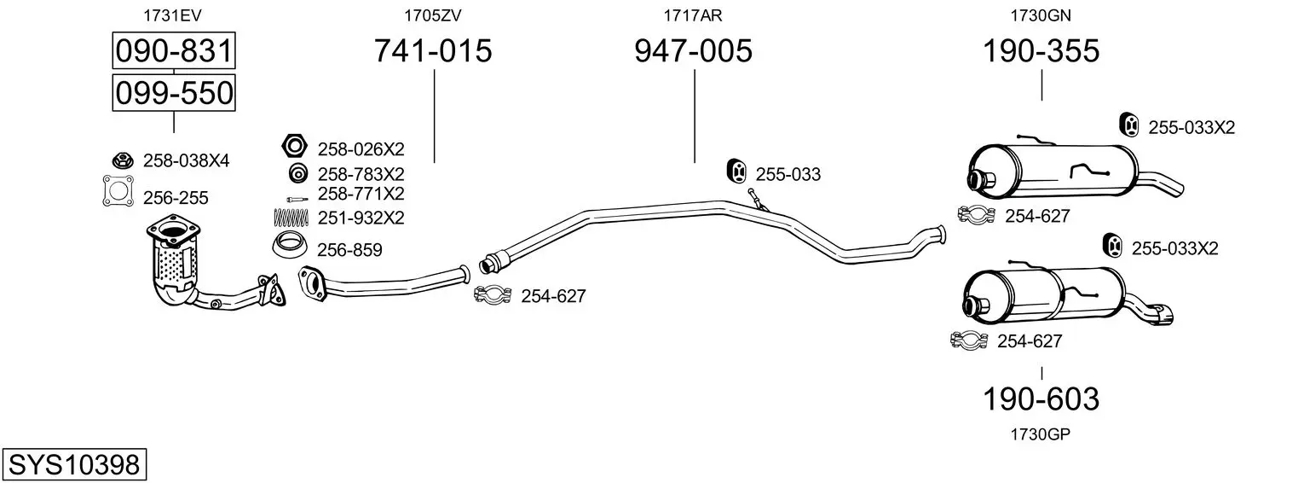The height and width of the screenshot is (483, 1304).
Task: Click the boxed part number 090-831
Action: click(174, 50)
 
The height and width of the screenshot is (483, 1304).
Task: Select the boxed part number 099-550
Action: click(174, 93)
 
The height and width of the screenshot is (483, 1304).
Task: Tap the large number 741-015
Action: click(433, 50)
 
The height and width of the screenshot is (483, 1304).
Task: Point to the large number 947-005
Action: click(693, 50)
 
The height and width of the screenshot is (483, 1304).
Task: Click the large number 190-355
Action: click(1041, 50)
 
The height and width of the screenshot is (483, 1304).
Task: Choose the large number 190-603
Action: click(1041, 399)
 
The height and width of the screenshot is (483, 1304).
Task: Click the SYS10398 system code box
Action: click(74, 465)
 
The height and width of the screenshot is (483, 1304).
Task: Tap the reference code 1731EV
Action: click(172, 15)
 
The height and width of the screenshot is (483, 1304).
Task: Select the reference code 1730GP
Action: click(1041, 434)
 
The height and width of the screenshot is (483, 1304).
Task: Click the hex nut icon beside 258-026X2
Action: click(295, 146)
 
